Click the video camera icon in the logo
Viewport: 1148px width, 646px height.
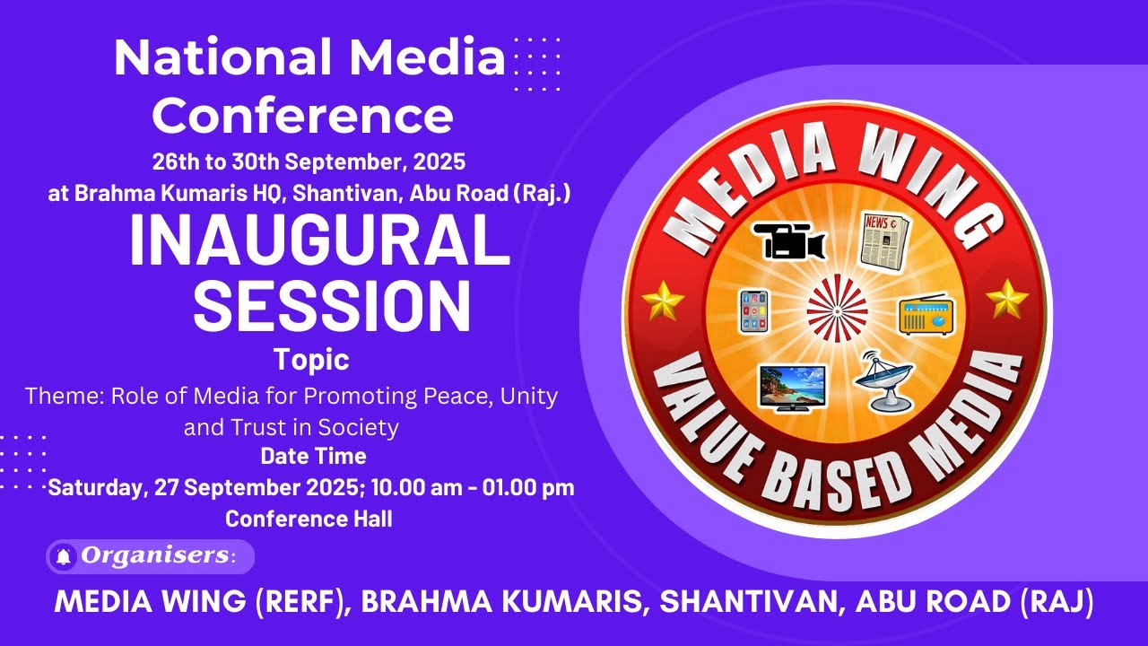coord(788,240)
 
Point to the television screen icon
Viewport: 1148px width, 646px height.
coord(792,387)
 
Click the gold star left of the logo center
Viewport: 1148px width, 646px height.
coord(663,301)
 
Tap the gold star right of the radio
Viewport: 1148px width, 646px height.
coord(1007,298)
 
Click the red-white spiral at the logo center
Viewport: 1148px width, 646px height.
coord(837,310)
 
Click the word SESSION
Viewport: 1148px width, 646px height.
coord(332,305)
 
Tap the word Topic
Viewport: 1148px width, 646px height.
coord(311,361)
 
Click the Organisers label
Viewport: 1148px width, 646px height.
coord(153,556)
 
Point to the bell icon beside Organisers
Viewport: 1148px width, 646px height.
coord(64,557)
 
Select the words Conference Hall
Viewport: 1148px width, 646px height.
coord(309,519)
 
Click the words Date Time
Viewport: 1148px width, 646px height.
coord(313,456)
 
